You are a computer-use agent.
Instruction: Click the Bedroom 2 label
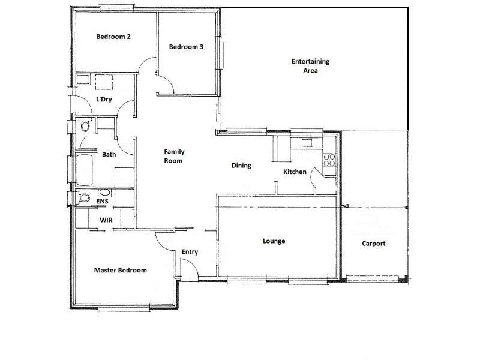(113, 37)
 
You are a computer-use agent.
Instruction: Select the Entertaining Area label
(310, 66)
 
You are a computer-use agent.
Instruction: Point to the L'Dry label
(104, 100)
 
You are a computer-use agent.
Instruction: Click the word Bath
(109, 154)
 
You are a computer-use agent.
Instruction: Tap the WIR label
(106, 220)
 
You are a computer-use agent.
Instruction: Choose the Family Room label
(173, 157)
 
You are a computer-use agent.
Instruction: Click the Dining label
(241, 166)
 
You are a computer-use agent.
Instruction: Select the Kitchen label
(295, 172)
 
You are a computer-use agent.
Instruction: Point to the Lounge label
(274, 241)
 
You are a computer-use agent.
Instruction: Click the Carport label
(374, 244)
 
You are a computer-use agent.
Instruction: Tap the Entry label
(190, 252)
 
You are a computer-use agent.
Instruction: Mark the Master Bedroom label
(120, 271)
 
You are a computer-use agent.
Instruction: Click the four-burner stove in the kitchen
(329, 160)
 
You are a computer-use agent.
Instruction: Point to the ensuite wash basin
(105, 193)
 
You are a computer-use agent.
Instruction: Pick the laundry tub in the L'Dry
(83, 80)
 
